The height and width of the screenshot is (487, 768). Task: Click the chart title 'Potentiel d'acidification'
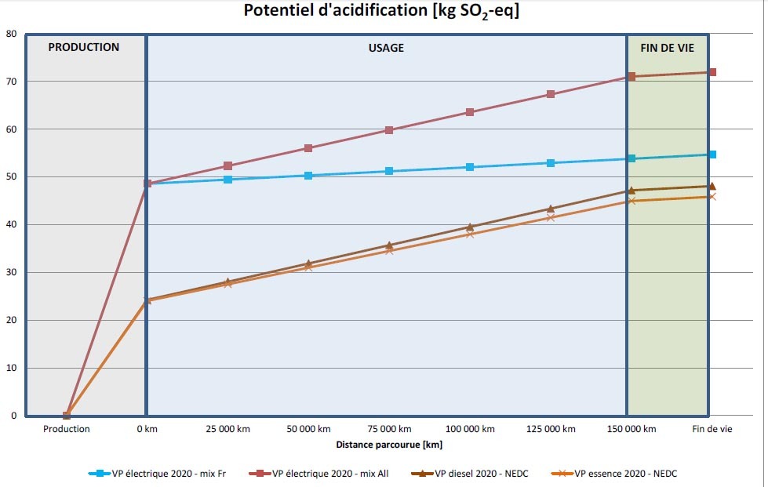tap(383, 11)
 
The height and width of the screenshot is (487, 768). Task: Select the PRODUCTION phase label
tap(84, 47)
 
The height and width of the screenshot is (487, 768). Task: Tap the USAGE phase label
tap(386, 48)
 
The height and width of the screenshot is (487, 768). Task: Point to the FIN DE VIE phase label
tap(668, 47)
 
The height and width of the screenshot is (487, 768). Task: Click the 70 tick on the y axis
tap(12, 82)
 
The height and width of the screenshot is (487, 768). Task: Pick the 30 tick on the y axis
tap(12, 273)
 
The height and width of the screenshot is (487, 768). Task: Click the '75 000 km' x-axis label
tap(389, 429)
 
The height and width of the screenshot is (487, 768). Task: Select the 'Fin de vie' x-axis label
tap(712, 429)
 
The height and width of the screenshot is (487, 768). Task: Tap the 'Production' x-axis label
tap(67, 429)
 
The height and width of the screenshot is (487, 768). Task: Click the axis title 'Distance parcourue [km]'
tap(389, 445)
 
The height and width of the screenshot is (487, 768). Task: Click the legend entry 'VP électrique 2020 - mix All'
tap(330, 474)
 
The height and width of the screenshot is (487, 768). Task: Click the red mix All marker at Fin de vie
tap(712, 72)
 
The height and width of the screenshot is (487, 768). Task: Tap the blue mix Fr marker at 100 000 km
tap(470, 167)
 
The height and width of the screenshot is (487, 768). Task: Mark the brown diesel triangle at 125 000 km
tap(551, 209)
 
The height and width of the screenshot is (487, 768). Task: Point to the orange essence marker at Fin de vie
tap(712, 197)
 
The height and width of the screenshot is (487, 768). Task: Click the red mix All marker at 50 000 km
tap(308, 148)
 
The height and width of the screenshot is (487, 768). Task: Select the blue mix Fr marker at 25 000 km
tap(228, 180)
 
